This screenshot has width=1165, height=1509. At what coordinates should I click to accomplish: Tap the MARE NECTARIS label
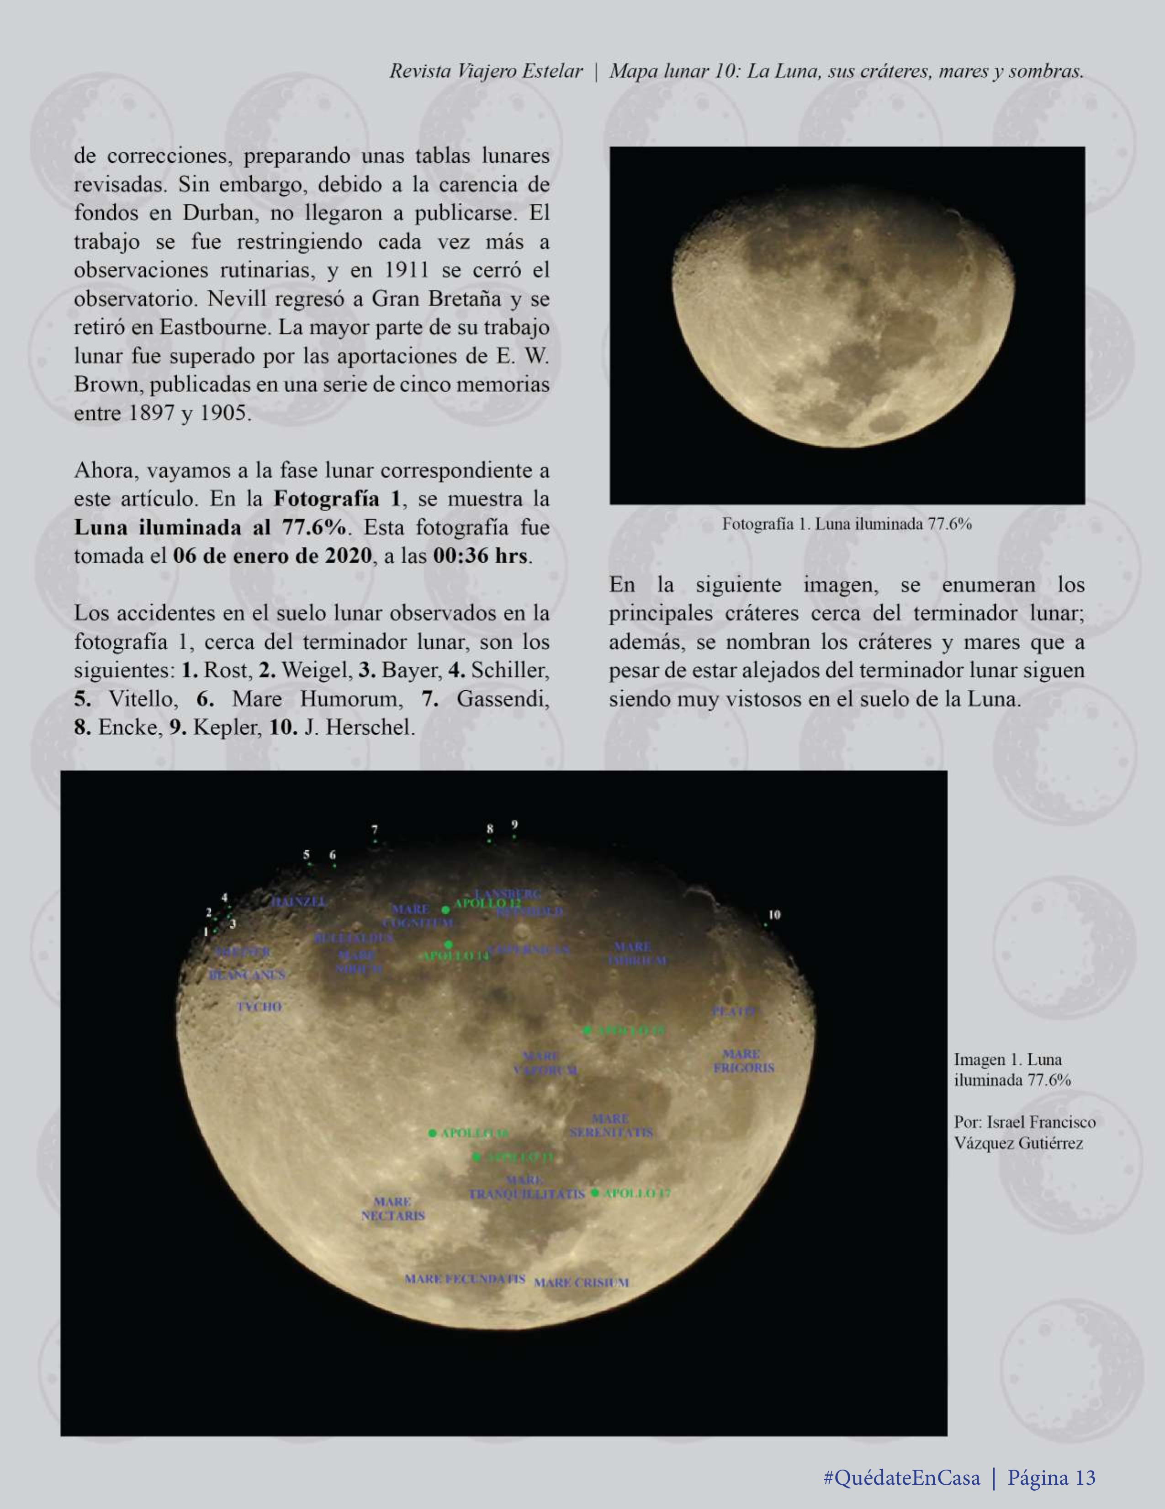pyautogui.click(x=393, y=1209)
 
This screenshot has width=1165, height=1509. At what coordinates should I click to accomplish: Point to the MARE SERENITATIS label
pyautogui.click(x=611, y=1125)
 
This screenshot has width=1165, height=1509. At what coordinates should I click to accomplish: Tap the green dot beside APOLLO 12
pyautogui.click(x=446, y=910)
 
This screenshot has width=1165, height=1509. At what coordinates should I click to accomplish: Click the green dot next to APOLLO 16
pyautogui.click(x=432, y=1133)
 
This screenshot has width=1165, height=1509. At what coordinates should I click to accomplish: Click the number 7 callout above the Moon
pyautogui.click(x=374, y=829)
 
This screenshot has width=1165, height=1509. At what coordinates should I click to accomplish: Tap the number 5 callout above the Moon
pyautogui.click(x=307, y=855)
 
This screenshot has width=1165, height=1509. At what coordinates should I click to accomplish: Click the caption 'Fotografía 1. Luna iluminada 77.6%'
pyautogui.click(x=847, y=524)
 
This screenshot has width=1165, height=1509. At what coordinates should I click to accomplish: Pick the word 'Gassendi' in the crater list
pyautogui.click(x=503, y=699)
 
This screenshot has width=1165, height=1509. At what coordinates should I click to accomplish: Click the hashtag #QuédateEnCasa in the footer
pyautogui.click(x=901, y=1478)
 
